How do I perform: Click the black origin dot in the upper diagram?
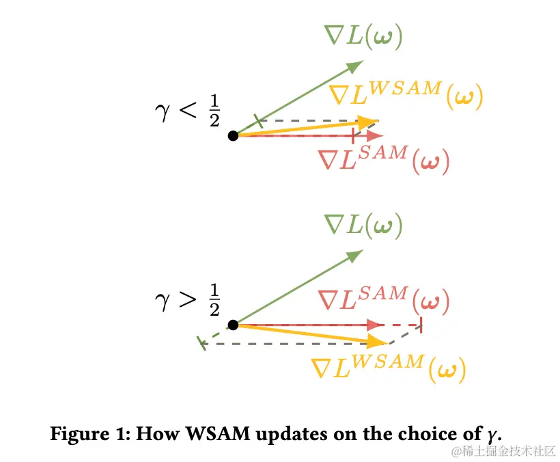233,136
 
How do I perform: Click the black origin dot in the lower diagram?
233,325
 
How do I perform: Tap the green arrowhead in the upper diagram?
354,66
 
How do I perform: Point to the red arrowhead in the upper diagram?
375,136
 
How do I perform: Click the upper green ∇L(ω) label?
363,36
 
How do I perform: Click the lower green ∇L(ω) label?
363,225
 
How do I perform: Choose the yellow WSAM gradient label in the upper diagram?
406,96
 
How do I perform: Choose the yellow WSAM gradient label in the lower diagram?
388,369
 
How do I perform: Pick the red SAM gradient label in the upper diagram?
384,160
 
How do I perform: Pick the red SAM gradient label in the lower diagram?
383,300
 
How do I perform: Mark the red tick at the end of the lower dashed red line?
421,325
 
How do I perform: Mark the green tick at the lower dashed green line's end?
201,343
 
